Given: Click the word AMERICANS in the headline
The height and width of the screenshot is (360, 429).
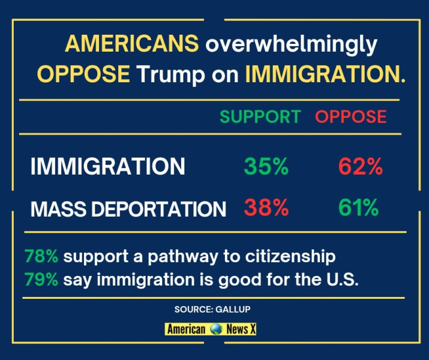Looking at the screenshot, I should pos(132,44).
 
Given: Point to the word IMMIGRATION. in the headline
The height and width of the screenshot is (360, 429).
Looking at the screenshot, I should pos(325,74).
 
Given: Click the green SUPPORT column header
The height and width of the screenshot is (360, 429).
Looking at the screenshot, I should pos(260,116).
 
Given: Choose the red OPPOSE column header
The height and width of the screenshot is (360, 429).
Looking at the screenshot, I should pos(351,116).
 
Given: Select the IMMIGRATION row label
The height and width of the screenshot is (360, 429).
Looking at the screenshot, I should pos(108,166).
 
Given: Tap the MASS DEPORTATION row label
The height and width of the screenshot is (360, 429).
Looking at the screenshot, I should pos(128,209).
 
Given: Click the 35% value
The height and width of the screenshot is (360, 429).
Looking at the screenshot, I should pos(266,166).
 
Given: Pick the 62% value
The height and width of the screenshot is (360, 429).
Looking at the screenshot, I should pos(360,166).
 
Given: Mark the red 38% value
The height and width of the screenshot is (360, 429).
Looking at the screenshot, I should pos(266,208).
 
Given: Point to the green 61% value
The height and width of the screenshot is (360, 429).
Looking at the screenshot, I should pos(358,208).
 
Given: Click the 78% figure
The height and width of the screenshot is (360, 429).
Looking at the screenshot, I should pos(41,257).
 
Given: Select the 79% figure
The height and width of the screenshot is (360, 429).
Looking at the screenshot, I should pos(41,280).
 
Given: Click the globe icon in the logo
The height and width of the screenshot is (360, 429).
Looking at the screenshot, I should pos(216,329).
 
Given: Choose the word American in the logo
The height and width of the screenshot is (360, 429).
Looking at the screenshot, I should pos(186,329).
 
